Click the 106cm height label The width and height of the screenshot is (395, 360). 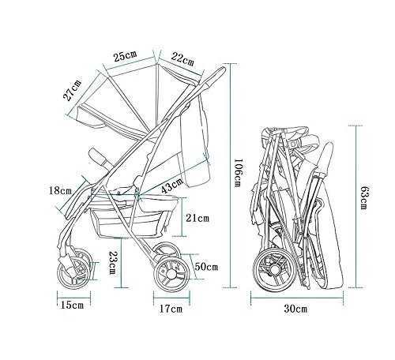pyautogui.click(x=237, y=172)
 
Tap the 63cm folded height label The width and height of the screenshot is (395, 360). pyautogui.click(x=363, y=198)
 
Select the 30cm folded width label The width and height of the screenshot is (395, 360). pyautogui.click(x=295, y=309)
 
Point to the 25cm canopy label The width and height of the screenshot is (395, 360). pyautogui.click(x=126, y=56)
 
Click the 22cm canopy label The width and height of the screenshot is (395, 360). pyautogui.click(x=182, y=59)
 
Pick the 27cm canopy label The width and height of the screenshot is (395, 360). pyautogui.click(x=72, y=90)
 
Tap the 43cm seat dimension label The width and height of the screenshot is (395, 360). pyautogui.click(x=172, y=186)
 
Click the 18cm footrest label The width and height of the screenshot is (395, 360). pyautogui.click(x=60, y=190)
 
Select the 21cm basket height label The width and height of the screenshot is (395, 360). pyautogui.click(x=197, y=218)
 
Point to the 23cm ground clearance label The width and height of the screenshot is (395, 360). pyautogui.click(x=113, y=263)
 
